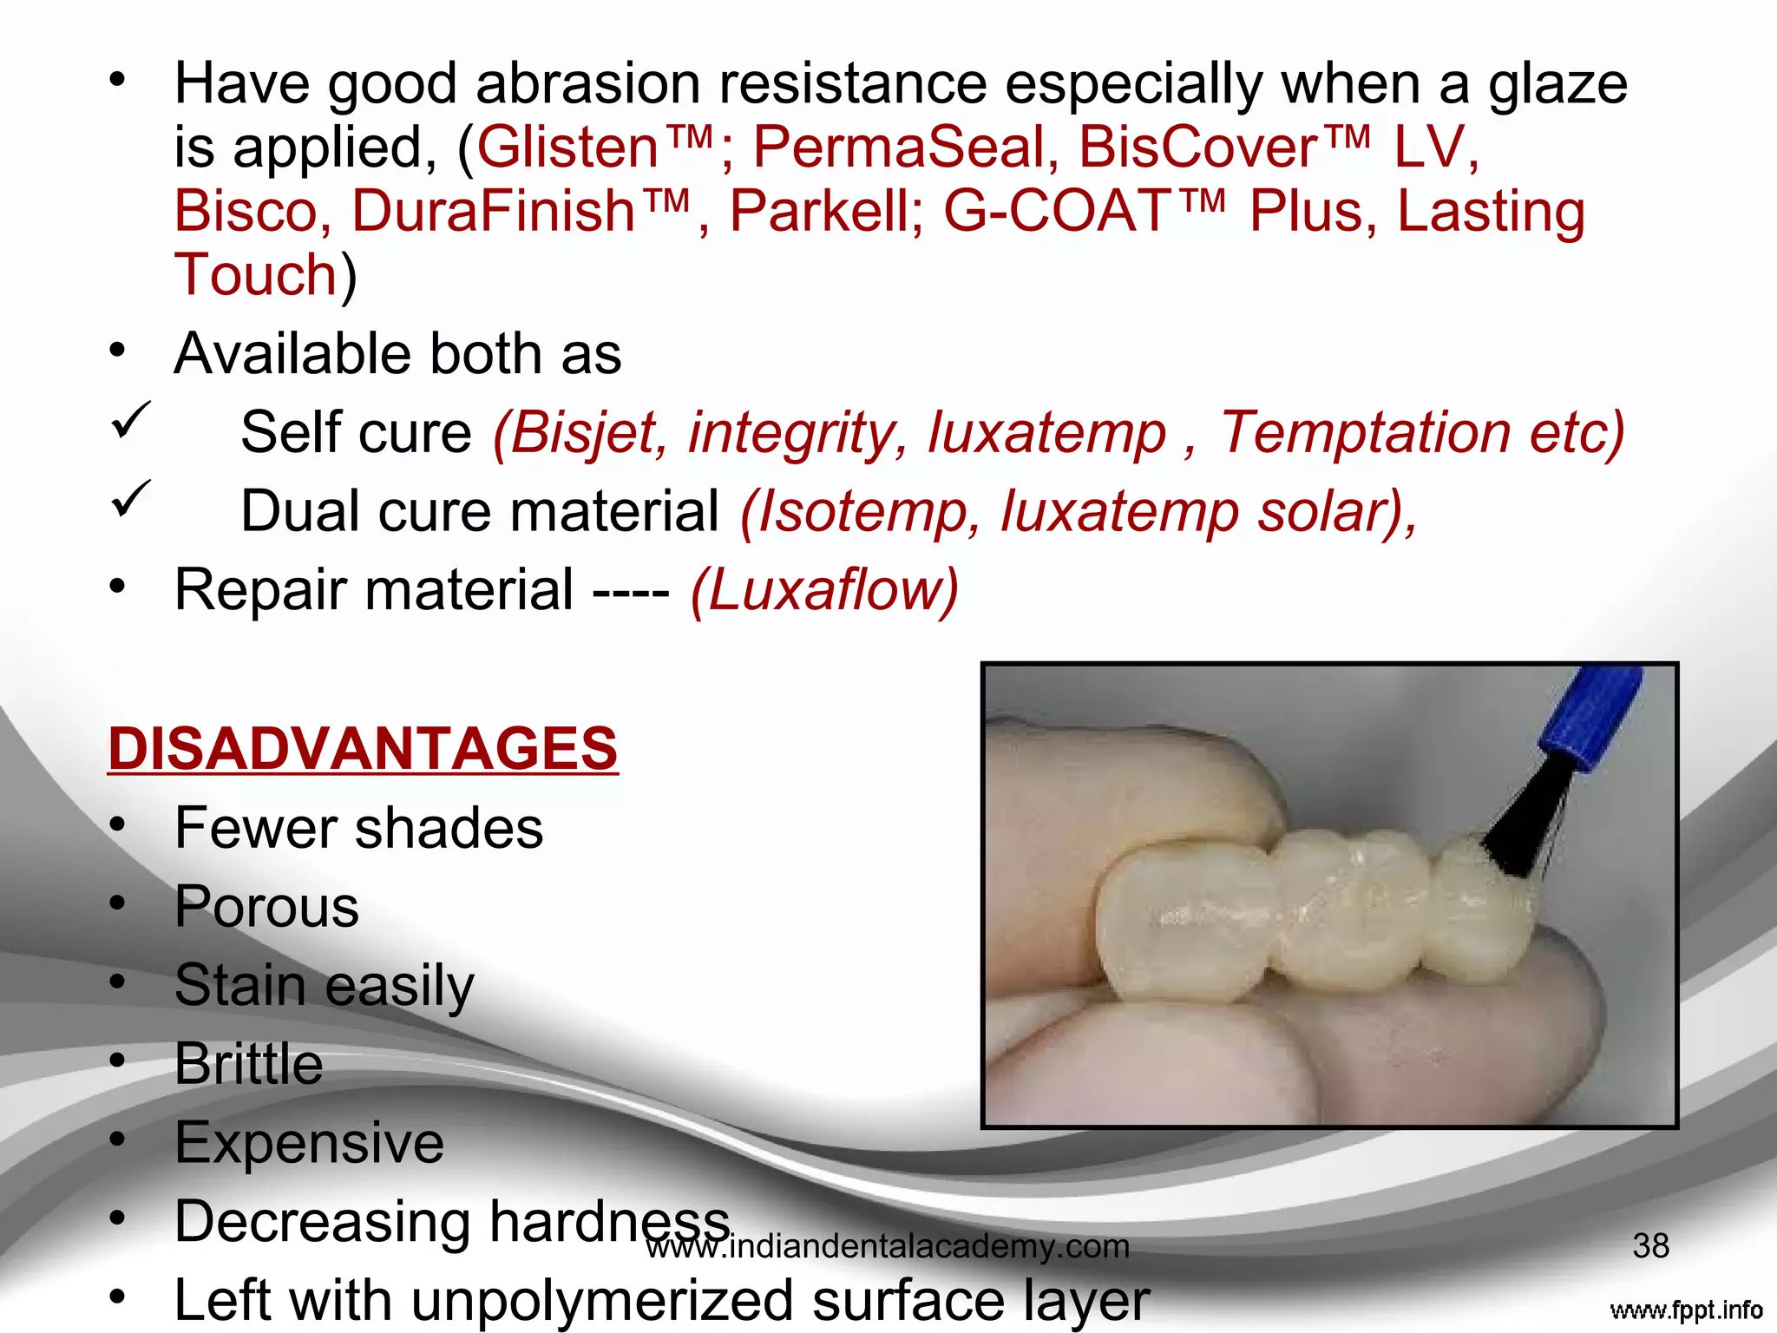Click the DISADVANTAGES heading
tap(363, 748)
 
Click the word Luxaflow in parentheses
tap(825, 590)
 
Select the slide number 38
tap(1650, 1246)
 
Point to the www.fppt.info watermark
tap(1685, 1310)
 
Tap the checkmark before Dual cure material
tap(131, 499)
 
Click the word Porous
tap(266, 907)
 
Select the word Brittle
tap(248, 1064)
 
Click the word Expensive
tap(309, 1143)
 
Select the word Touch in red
tap(255, 275)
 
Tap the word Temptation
tap(1366, 432)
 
